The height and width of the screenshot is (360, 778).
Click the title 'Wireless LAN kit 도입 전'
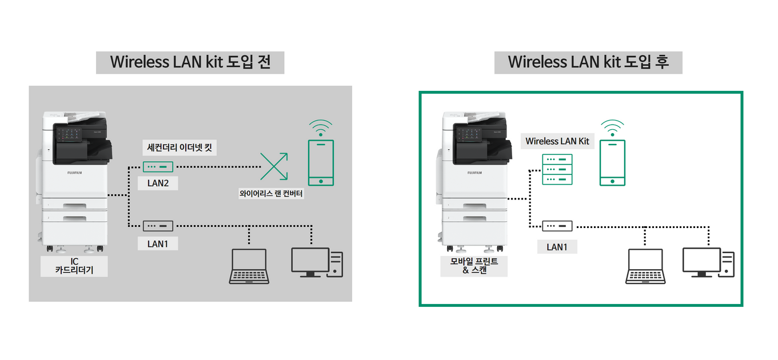[x=190, y=62]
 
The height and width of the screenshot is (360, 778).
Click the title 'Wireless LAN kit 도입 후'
[x=588, y=62]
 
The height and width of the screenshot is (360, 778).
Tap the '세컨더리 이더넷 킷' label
[x=179, y=147]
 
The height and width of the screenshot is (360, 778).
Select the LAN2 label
[x=158, y=183]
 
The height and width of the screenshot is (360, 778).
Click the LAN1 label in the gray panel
[x=158, y=244]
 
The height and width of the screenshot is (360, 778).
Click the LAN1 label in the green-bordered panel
[x=557, y=247]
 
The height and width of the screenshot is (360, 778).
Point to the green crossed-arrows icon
[x=274, y=166]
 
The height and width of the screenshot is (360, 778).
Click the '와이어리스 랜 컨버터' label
[x=271, y=193]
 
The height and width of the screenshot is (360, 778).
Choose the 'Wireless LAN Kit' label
[x=557, y=141]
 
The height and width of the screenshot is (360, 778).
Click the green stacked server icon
[x=557, y=169]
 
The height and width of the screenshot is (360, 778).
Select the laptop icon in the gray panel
[x=249, y=266]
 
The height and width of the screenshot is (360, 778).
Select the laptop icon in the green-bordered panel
[x=645, y=266]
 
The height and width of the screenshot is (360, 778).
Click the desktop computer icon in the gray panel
[x=317, y=262]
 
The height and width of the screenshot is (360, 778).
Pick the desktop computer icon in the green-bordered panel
[x=708, y=262]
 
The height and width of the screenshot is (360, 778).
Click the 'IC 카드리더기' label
[x=74, y=266]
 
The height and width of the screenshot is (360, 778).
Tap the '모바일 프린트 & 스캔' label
[x=474, y=266]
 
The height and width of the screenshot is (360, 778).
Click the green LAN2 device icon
[x=158, y=167]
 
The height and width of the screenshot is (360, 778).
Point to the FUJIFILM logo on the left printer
[x=75, y=173]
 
